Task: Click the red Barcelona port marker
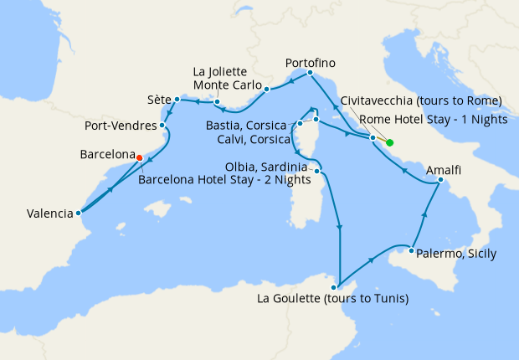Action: click(139, 157)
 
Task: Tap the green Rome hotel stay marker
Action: click(390, 142)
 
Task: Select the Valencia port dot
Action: click(78, 213)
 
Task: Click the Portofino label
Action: click(311, 63)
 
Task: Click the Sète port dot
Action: click(177, 100)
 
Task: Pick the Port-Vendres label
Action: click(121, 126)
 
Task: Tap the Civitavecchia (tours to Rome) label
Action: click(420, 100)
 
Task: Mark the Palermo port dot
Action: click(412, 249)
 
